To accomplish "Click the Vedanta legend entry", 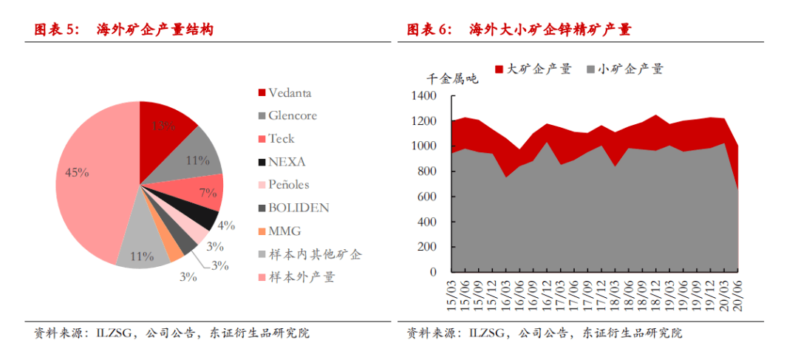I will (x=289, y=93).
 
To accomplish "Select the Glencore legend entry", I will (x=293, y=116).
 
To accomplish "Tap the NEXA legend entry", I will (x=287, y=162).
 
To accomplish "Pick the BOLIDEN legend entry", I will (x=299, y=208).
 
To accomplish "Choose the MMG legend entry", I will (x=284, y=231).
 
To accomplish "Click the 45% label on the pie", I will (x=77, y=173).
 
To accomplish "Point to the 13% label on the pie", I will (x=163, y=126).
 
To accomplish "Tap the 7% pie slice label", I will (x=208, y=193).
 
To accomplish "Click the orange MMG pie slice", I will (x=175, y=251).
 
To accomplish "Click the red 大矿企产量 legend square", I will (x=499, y=69).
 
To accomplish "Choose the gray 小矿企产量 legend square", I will (x=591, y=69).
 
